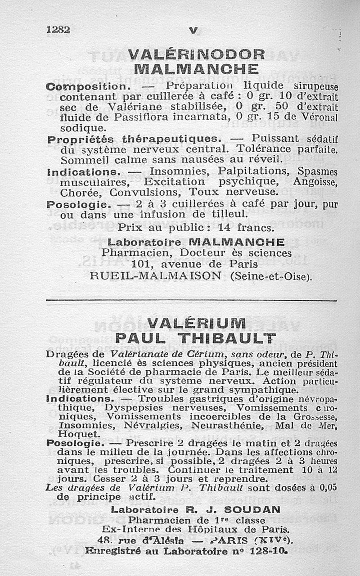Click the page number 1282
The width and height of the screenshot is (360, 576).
tap(58, 30)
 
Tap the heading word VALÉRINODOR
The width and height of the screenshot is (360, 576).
tap(196, 54)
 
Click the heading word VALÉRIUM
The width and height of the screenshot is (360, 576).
tap(196, 324)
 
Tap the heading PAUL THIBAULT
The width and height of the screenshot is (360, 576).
tap(195, 338)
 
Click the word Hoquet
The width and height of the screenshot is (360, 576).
tap(73, 434)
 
